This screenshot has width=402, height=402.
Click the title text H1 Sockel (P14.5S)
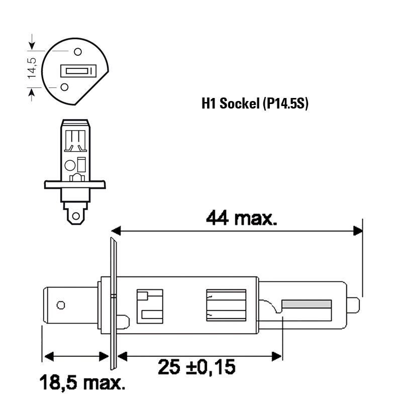pyautogui.click(x=255, y=104)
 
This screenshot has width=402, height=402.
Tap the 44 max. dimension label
pyautogui.click(x=242, y=218)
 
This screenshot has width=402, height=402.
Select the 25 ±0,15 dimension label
pyautogui.click(x=196, y=367)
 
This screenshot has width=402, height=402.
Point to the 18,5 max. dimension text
pyautogui.click(x=82, y=382)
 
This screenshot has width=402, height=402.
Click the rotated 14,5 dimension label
pyautogui.click(x=32, y=68)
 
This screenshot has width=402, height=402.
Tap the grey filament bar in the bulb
pyautogui.click(x=307, y=304)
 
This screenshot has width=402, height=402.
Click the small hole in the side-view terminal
pyautogui.click(x=61, y=305)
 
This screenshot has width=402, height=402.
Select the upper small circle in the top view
pyautogui.click(x=78, y=52)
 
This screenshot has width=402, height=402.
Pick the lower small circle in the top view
pyautogui.click(x=64, y=87)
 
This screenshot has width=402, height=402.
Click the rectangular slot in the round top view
pyautogui.click(x=78, y=71)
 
